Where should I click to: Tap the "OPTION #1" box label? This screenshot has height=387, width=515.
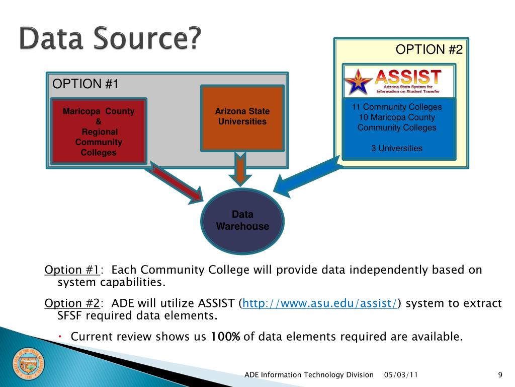[x=85, y=84]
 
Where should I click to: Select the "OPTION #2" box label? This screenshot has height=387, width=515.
[x=428, y=49]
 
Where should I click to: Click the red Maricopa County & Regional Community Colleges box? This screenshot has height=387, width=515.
[x=99, y=131]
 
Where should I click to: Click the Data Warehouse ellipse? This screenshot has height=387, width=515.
[x=242, y=220]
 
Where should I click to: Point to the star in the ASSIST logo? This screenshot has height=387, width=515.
[x=358, y=82]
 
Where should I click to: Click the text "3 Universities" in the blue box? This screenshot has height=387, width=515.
[x=397, y=148]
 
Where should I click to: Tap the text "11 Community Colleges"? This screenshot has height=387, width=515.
[x=397, y=107]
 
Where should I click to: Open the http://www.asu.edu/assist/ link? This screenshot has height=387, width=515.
[x=320, y=303]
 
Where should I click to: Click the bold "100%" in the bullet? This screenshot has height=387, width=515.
[x=225, y=337]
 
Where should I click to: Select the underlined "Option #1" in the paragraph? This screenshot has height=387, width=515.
[x=72, y=270]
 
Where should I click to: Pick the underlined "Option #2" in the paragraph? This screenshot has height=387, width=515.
[x=72, y=303]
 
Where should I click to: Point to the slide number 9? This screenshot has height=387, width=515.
[x=500, y=374]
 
